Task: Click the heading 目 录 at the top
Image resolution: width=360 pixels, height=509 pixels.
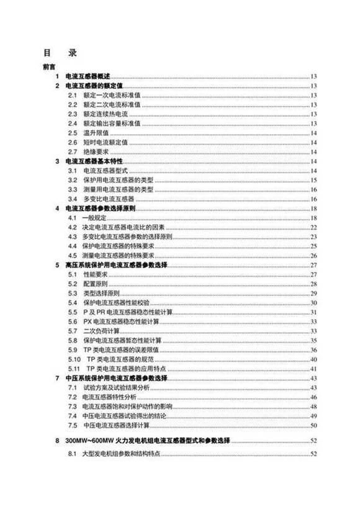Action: [59, 53]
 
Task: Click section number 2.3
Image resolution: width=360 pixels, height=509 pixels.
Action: [72, 114]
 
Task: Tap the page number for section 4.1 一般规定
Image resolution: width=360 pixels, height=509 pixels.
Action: [314, 218]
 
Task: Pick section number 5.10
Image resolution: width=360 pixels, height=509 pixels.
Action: [73, 359]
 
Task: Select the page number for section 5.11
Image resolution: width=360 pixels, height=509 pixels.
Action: [314, 369]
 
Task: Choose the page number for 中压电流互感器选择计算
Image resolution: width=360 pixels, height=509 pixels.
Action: [314, 425]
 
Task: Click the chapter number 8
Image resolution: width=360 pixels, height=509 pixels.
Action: [57, 441]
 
